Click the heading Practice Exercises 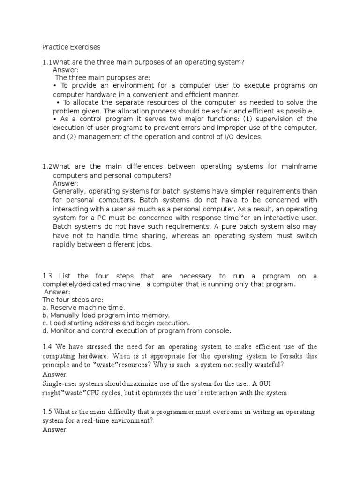tap(71, 47)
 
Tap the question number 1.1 tap(47, 62)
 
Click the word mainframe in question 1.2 tap(300, 167)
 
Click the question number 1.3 tap(48, 277)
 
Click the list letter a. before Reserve tap(45, 307)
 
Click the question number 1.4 tap(47, 347)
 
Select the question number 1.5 tap(47, 412)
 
